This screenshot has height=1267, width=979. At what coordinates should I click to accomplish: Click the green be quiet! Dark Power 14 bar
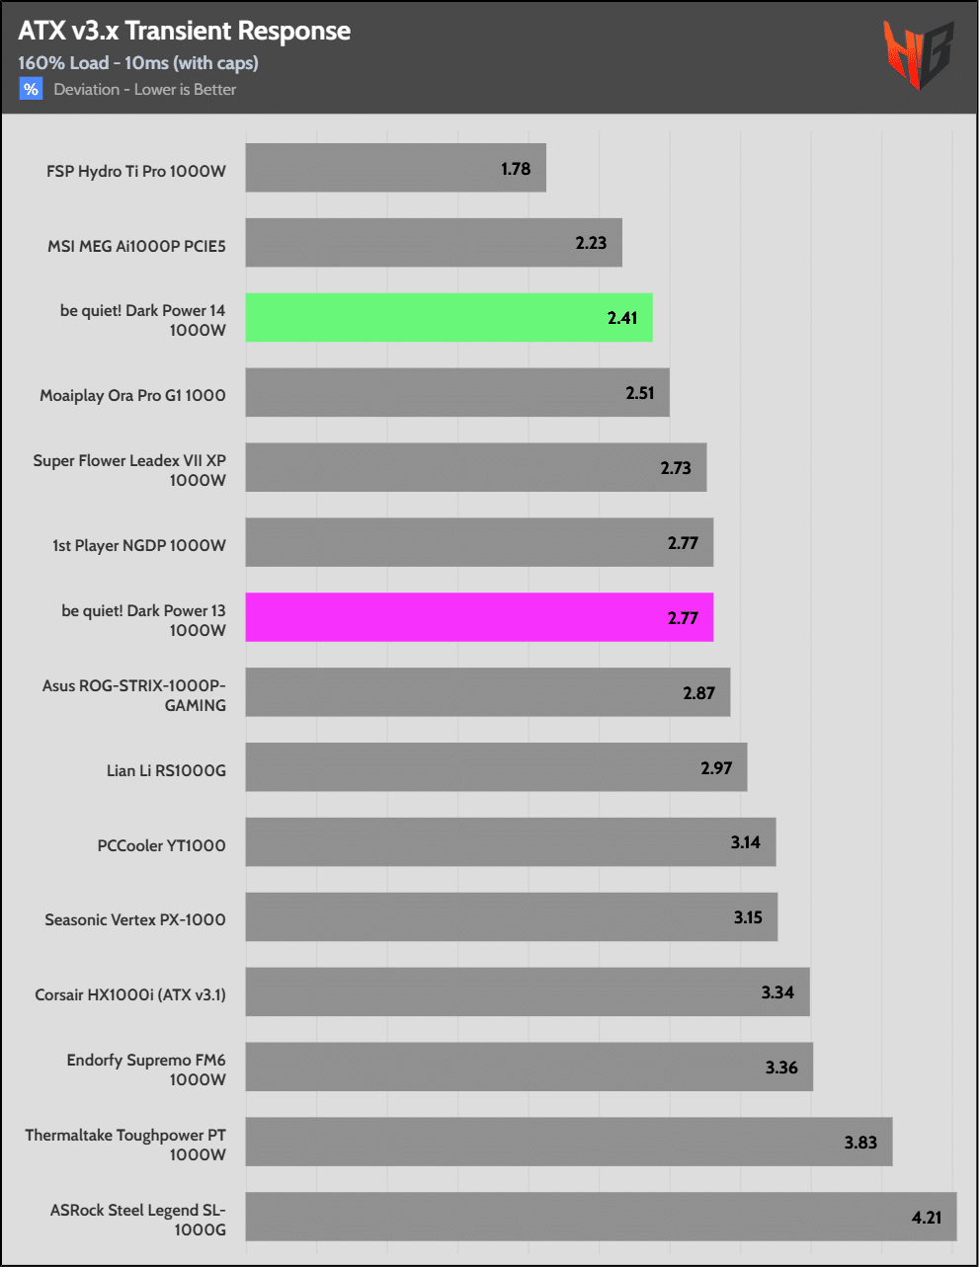coord(449,318)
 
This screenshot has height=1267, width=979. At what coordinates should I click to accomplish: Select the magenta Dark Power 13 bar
coord(479,618)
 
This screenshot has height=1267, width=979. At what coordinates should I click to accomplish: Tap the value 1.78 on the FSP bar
coord(516,169)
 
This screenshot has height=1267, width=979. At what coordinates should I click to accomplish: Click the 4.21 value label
coord(926,1218)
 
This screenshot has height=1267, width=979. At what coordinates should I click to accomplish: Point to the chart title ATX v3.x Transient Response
coord(184,31)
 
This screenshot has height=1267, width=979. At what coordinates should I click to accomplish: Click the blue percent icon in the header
coord(31,89)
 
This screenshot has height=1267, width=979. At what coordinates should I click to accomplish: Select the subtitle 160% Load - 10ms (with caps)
coord(138,62)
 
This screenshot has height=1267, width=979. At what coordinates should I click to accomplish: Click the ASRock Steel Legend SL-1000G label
coord(137,1220)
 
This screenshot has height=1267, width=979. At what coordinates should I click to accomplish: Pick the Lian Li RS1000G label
coord(166,770)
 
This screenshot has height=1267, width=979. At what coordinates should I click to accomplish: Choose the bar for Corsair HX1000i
coord(528,992)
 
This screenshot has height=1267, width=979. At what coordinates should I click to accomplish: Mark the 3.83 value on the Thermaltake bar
coord(860,1143)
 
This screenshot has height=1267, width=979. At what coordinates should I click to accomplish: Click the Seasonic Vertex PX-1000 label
coord(135,919)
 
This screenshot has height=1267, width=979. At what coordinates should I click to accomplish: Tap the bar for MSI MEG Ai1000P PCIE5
coord(434,243)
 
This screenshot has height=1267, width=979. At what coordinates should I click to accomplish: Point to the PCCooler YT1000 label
coord(161,845)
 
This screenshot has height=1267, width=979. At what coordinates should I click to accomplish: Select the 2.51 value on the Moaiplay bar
coord(640,393)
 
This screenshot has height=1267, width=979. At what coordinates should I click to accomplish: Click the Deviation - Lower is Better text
coord(145,89)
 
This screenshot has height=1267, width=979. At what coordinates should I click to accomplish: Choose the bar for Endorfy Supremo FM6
coord(529,1068)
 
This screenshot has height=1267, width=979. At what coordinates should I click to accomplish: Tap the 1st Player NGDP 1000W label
coord(139,545)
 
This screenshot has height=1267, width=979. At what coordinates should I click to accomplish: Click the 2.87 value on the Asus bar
coord(698,693)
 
